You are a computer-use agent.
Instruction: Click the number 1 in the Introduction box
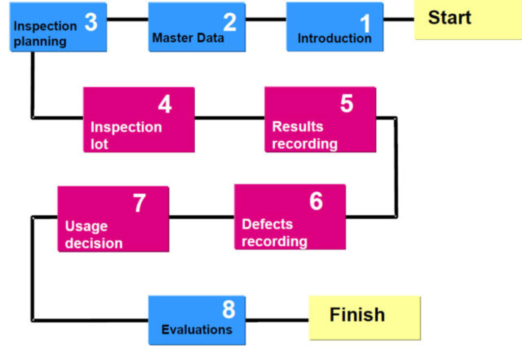[366, 23]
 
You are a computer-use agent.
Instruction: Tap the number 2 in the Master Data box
[229, 22]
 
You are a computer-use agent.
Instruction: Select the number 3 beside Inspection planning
[91, 22]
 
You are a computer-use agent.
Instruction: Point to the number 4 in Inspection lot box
[165, 105]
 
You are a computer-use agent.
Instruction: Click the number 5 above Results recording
[347, 104]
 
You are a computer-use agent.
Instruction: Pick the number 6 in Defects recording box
[316, 201]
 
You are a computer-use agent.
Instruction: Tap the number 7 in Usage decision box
[139, 203]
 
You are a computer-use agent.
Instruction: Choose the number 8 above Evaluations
[228, 309]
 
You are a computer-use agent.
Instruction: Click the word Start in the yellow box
[449, 17]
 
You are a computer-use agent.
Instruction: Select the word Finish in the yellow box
[357, 315]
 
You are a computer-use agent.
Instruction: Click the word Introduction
[334, 38]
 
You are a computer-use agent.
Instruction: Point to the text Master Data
[188, 38]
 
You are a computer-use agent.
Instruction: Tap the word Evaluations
[197, 329]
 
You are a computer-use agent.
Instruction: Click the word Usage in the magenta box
[86, 226]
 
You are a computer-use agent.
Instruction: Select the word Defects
[267, 224]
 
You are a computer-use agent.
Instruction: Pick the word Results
[298, 126]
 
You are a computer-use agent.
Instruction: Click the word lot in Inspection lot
[99, 144]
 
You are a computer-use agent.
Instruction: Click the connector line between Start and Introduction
[399, 20]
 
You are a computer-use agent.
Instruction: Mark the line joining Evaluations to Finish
[277, 320]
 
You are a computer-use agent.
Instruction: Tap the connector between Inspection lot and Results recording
[229, 118]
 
